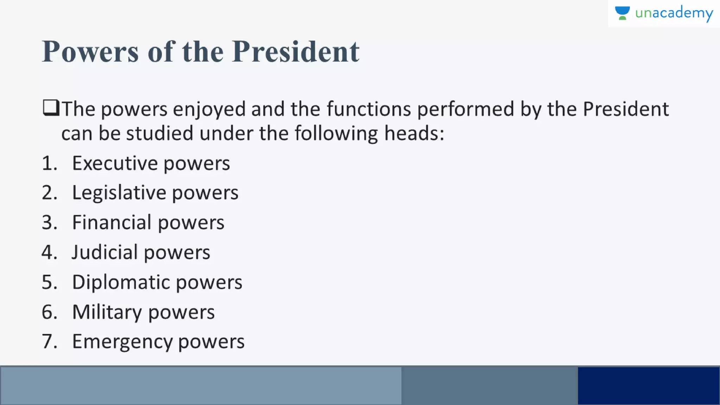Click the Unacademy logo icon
click(x=622, y=13)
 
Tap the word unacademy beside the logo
click(x=674, y=13)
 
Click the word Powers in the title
click(x=90, y=52)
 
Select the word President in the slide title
click(x=296, y=52)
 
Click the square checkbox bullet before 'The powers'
click(x=51, y=108)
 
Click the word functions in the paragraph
click(x=369, y=109)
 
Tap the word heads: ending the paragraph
click(x=414, y=134)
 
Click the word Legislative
click(x=119, y=193)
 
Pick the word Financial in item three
click(x=112, y=223)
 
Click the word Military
click(x=107, y=312)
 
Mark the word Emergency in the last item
click(x=122, y=342)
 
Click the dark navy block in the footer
click(x=649, y=386)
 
